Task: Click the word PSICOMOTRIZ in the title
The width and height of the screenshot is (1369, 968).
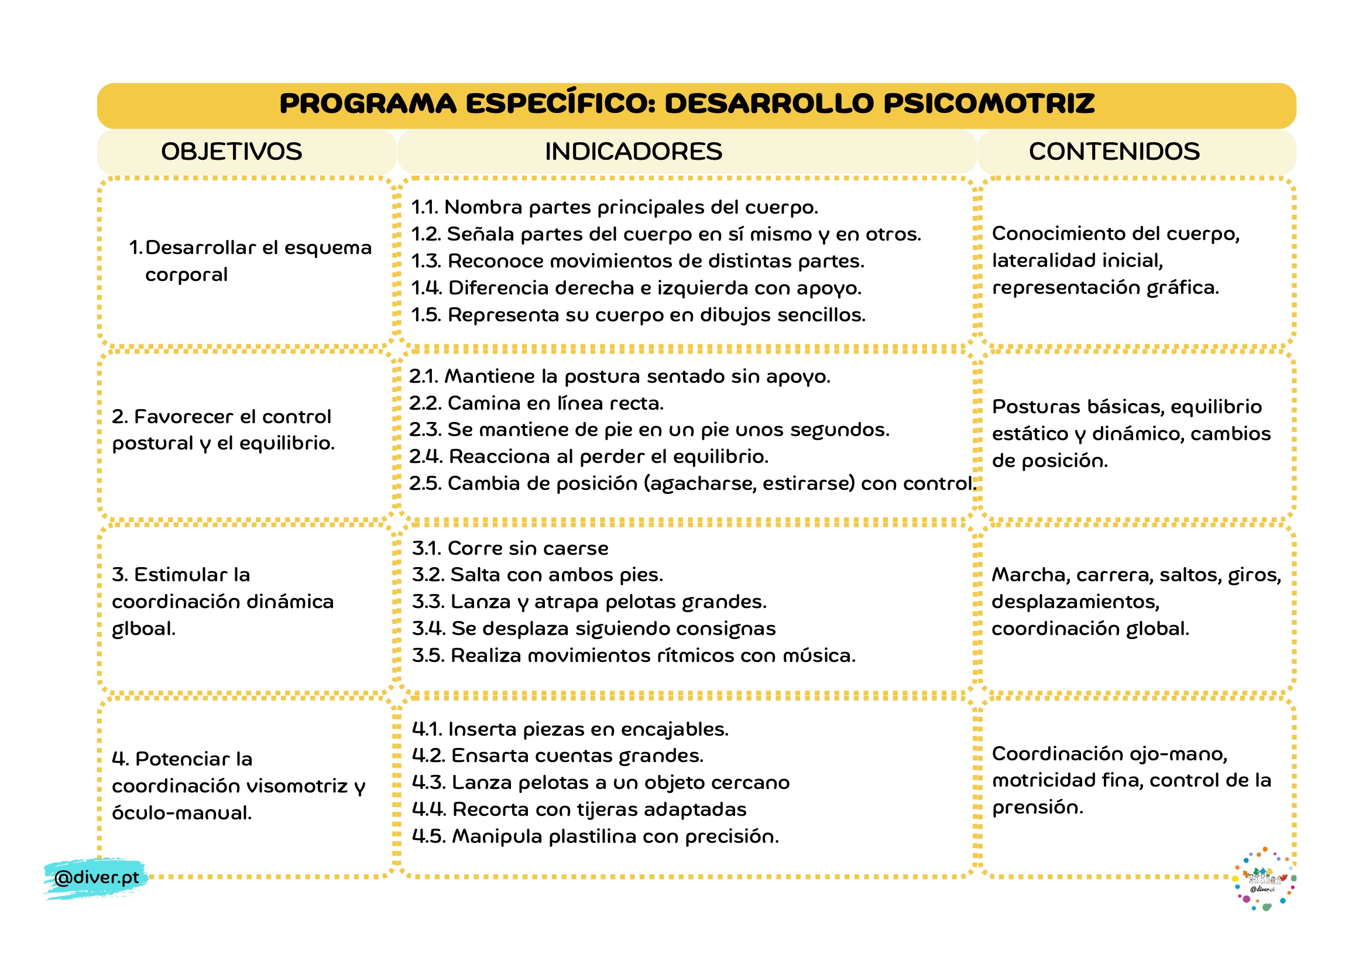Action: tap(989, 104)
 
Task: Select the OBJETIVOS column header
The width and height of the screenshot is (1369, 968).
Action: tap(231, 152)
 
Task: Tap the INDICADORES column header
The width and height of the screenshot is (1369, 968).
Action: tap(633, 152)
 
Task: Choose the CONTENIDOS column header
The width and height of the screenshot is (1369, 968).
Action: tap(1114, 152)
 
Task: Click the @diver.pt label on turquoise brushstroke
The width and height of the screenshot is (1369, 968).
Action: tap(96, 877)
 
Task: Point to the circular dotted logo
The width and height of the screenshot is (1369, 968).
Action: tap(1264, 878)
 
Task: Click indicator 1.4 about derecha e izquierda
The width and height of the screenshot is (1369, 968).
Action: tap(636, 288)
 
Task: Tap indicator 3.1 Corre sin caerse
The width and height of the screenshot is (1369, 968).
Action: tap(510, 548)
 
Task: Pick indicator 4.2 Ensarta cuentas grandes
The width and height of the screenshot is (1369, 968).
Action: tap(558, 755)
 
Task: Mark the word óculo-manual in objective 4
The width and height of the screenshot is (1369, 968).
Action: tap(182, 813)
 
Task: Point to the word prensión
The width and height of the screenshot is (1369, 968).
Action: tap(1038, 808)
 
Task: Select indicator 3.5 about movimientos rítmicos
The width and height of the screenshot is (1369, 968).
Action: tap(633, 655)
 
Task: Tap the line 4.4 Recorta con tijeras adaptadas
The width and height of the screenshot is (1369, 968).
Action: tap(579, 809)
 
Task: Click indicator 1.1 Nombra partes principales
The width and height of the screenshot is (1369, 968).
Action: tap(614, 207)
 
